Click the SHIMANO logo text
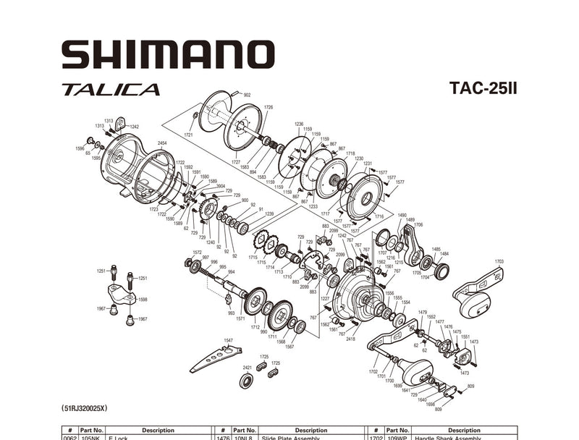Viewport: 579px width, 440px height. (x=167, y=55)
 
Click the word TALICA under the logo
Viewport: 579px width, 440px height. (x=111, y=90)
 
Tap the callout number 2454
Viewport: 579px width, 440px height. (x=162, y=143)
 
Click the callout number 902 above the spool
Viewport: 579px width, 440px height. (x=247, y=95)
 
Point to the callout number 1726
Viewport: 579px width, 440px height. (x=269, y=107)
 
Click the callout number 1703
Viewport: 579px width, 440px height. (x=499, y=261)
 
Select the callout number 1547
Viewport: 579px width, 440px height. (x=229, y=340)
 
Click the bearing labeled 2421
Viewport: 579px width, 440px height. (x=245, y=379)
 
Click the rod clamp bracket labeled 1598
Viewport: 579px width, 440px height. (x=121, y=294)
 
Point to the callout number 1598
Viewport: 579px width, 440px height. (x=143, y=299)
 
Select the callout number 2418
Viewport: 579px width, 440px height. (x=350, y=339)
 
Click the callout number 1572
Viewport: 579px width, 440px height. (x=196, y=253)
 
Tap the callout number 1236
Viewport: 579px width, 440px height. (x=299, y=124)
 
